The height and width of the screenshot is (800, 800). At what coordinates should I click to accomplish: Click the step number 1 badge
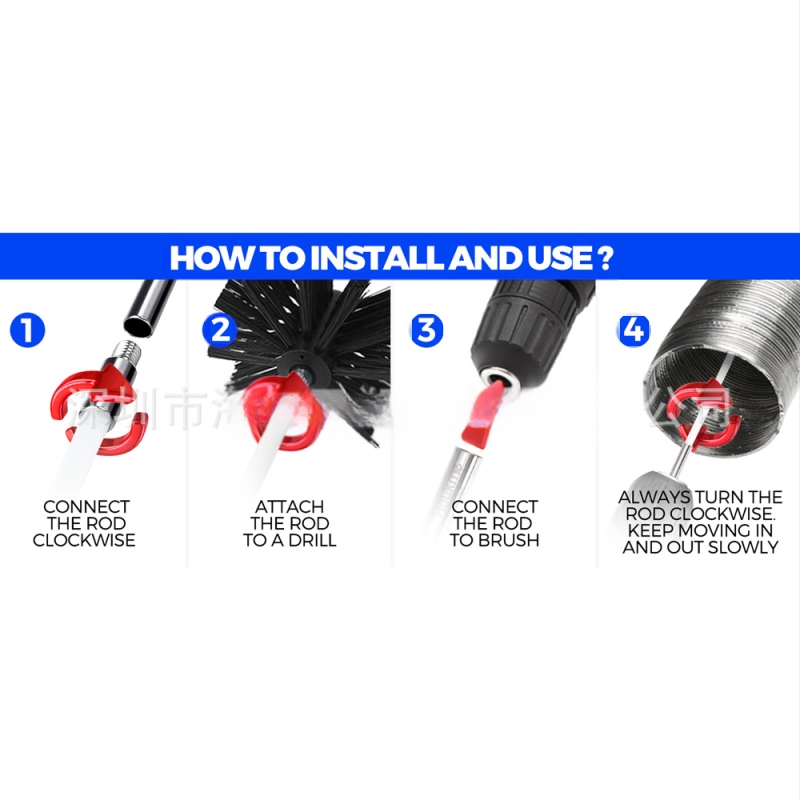[x=27, y=330]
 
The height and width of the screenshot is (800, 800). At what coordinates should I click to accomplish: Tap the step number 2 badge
[x=218, y=330]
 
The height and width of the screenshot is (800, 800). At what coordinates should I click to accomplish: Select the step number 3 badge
[x=427, y=330]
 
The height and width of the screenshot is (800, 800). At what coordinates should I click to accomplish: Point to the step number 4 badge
[x=633, y=330]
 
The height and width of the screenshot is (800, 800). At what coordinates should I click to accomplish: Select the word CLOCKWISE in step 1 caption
[x=84, y=541]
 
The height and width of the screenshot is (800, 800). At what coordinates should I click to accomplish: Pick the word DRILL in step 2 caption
[x=313, y=541]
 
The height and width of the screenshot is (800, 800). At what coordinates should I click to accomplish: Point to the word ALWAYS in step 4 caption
[x=654, y=497]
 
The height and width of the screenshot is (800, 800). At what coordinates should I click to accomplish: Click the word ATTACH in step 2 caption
[x=289, y=507]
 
